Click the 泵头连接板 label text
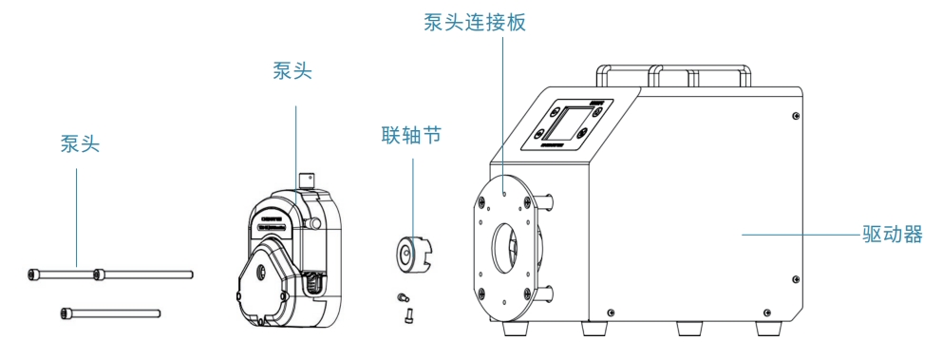(475, 23)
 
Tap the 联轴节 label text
(411, 135)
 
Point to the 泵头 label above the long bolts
(80, 143)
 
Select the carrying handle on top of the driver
(673, 74)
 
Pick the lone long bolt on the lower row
(110, 313)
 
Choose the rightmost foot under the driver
(768, 330)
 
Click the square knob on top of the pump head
(307, 180)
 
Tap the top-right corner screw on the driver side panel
(796, 115)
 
